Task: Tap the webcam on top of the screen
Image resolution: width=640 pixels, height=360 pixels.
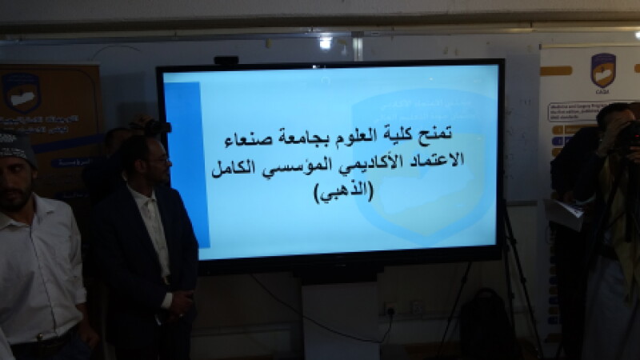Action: (226, 60)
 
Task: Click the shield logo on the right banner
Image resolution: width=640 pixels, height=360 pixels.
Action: (602, 70)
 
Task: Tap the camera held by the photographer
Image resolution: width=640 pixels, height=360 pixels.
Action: (629, 134)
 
